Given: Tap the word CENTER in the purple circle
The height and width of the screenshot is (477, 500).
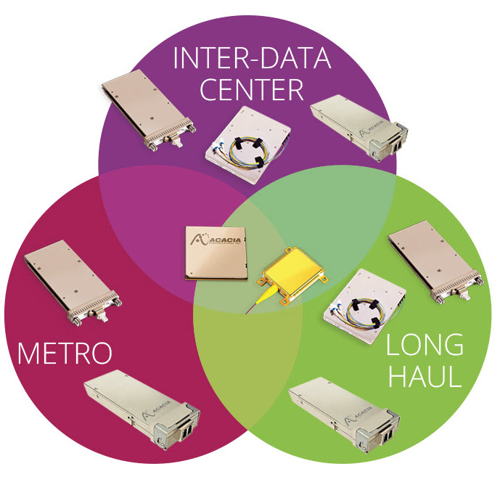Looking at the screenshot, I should click(x=251, y=91).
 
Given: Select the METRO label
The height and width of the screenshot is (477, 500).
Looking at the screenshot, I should click(x=65, y=353).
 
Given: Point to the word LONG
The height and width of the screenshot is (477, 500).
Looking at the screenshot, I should click(x=425, y=346).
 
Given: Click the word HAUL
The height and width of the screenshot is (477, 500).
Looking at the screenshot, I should click(x=425, y=378).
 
